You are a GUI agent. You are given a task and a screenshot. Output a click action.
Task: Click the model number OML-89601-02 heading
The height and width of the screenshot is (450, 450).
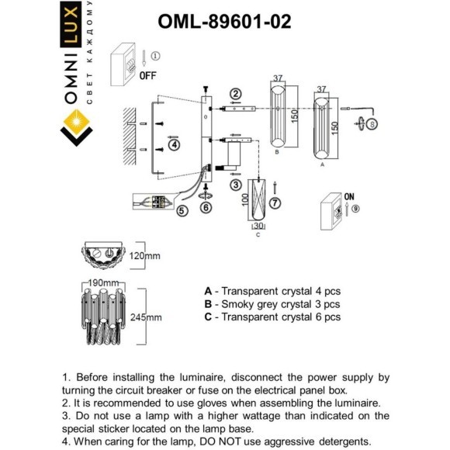click(x=224, y=22)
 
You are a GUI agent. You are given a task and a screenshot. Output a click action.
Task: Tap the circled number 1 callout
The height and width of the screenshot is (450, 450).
click(x=154, y=56)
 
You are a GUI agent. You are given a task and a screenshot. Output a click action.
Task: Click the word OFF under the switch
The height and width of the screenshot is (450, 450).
click(x=148, y=76)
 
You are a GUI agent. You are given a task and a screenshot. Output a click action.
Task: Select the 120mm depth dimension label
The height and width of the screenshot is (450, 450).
click(x=148, y=254)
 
